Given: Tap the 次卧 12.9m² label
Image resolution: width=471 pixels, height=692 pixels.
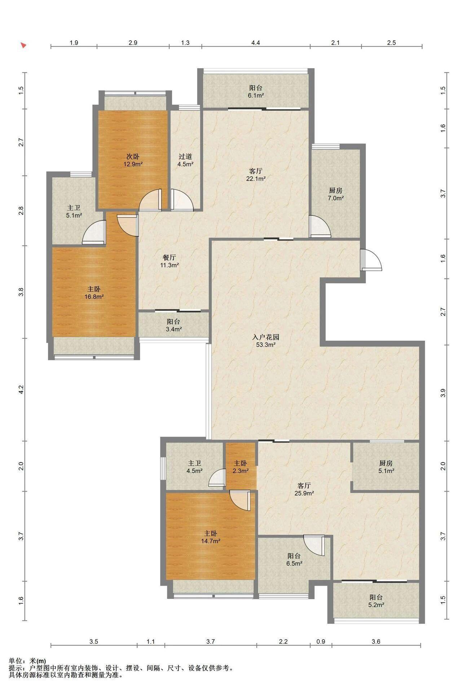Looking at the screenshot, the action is [133, 160].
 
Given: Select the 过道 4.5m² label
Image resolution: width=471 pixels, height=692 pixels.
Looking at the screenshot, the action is [185, 160].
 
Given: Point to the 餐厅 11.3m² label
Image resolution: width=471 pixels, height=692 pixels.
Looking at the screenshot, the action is [169, 261].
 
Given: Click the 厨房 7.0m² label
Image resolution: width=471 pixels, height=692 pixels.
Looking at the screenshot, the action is [335, 194].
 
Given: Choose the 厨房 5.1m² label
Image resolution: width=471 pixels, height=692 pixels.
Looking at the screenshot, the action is [386, 467].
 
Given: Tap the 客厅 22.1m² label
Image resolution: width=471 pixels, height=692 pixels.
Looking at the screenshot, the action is [256, 174].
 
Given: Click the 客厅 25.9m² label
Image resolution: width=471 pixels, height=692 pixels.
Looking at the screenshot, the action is [304, 489].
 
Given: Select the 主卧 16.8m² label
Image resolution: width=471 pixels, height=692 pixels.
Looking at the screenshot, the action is [94, 293].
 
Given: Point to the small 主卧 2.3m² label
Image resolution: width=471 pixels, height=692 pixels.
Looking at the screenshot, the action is [240, 467].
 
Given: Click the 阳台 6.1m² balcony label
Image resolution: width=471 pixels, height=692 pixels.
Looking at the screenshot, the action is [256, 92].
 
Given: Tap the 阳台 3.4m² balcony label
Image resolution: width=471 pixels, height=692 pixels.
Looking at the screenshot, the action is [173, 325].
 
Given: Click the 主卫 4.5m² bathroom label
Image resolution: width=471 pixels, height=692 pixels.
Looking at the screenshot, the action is [194, 467].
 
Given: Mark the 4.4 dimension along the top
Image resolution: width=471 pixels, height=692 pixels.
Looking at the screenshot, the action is [256, 43].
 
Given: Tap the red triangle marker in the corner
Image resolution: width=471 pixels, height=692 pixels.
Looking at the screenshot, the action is [24, 45].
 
